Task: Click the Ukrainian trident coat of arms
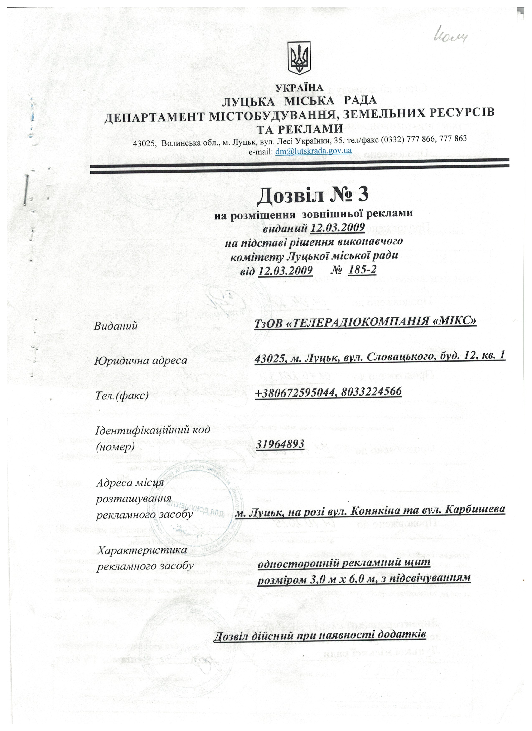[299, 59]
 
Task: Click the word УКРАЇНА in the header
[299, 88]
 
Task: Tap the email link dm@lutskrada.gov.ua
[313, 151]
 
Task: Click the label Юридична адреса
[141, 360]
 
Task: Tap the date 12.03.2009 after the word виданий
[338, 227]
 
